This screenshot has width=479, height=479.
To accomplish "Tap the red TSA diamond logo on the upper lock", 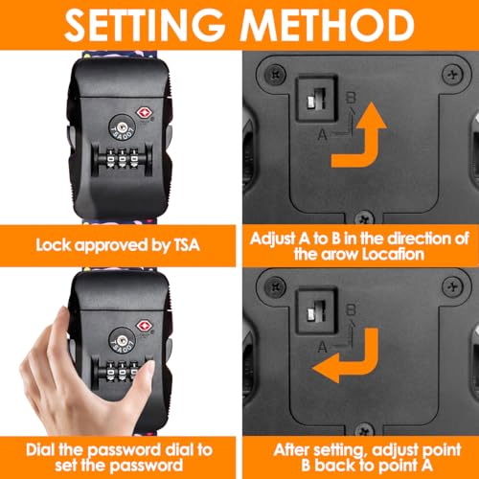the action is pyautogui.click(x=144, y=113).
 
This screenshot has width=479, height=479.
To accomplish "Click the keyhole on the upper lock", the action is pyautogui.click(x=122, y=127).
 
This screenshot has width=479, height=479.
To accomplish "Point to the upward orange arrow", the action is pyautogui.click(x=359, y=135).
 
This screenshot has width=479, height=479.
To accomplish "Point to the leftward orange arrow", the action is pyautogui.click(x=346, y=355).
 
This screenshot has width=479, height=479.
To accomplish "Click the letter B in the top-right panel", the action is pyautogui.click(x=351, y=98).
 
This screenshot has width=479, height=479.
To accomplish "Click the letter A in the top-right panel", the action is pyautogui.click(x=323, y=134).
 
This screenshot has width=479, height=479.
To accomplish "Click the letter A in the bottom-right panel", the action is pyautogui.click(x=323, y=347).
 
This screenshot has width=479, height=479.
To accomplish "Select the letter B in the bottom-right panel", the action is pyautogui.click(x=351, y=309).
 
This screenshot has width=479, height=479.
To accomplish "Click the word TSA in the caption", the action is pyautogui.click(x=187, y=245).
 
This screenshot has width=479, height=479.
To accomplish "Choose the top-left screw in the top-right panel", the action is pyautogui.click(x=275, y=74).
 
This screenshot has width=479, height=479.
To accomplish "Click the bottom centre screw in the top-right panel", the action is pyautogui.click(x=365, y=218).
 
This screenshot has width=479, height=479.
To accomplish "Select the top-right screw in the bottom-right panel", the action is pyautogui.click(x=452, y=286).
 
